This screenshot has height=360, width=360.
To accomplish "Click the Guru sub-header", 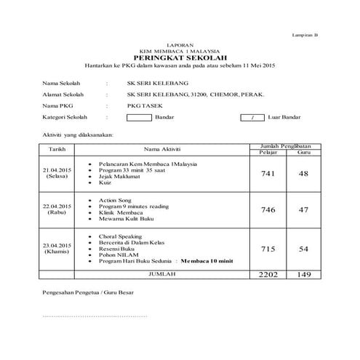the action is pos(304,152).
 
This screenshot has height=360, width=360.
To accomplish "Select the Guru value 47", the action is pos(304,209).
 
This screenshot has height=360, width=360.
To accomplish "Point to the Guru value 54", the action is pos(304,249).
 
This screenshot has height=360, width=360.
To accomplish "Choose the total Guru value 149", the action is pos(304,275).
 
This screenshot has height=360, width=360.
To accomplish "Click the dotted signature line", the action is pos(95,317).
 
